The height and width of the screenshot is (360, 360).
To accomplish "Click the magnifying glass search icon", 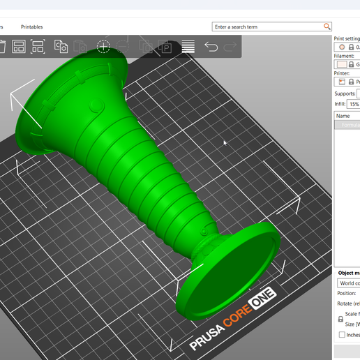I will point(327,27).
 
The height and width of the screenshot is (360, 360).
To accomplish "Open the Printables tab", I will point(31,27).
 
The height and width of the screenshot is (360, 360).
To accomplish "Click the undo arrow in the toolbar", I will point(211,47).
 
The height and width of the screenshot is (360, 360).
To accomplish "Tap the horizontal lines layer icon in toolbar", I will point(188,47).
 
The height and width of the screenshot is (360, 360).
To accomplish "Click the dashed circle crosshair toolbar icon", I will point(103,47).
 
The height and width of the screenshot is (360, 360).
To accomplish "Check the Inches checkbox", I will point(341,334).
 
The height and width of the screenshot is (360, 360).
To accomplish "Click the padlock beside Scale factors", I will point(340,319).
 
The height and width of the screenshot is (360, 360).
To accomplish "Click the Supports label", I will point(345,93).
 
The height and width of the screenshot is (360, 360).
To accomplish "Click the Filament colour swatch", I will point(341,64).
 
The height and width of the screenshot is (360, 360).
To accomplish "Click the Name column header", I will point(343,116).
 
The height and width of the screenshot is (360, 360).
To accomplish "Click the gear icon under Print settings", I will point(342,47).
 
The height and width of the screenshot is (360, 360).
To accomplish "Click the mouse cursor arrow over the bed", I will point(225,142).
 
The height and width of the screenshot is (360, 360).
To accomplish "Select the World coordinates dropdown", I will point(348,283).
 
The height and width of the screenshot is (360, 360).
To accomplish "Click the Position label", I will point(347,294).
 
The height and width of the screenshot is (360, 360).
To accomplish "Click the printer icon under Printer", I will point(341,82).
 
